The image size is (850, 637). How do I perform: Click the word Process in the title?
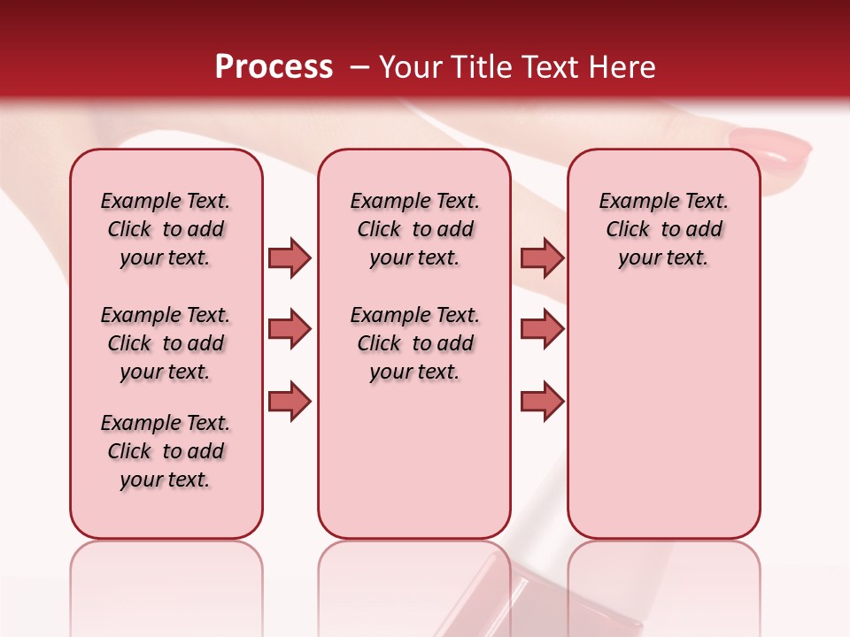(x=274, y=67)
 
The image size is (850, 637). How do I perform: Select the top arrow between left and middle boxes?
(x=290, y=257)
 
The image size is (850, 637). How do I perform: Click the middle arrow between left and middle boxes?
(x=290, y=329)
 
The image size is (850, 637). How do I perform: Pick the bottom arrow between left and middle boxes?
(x=290, y=401)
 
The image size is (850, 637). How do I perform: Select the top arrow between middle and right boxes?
(x=542, y=257)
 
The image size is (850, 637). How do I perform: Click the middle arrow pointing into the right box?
(x=542, y=329)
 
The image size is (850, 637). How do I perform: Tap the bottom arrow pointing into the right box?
(x=542, y=401)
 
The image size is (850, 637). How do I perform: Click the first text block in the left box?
(x=166, y=229)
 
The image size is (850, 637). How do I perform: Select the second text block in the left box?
(x=166, y=343)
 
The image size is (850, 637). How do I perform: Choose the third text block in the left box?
(x=166, y=451)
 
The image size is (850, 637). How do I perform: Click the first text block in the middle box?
(x=414, y=229)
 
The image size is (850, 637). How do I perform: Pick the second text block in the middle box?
(x=414, y=343)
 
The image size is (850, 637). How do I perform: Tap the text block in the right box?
(x=663, y=229)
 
